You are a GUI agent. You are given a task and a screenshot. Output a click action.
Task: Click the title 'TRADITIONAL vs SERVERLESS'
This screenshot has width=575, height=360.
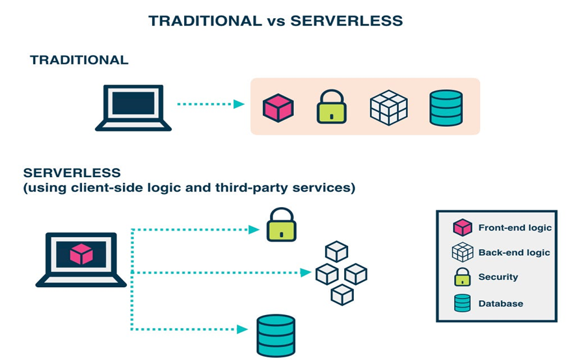coord(275,21)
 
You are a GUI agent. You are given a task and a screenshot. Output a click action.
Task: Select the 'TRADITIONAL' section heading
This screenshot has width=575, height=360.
coord(79,60)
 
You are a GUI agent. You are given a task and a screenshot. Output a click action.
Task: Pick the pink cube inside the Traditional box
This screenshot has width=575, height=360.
coord(278,107)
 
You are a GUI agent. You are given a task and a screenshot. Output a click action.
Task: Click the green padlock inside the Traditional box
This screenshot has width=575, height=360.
coord(332,107)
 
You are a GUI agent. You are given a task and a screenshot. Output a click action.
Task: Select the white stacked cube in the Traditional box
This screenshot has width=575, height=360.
coord(388,107)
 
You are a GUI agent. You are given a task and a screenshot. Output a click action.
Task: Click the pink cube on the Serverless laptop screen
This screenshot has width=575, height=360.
coord(81,253)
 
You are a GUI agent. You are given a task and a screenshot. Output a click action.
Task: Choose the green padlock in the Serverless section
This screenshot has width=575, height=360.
coord(281,226)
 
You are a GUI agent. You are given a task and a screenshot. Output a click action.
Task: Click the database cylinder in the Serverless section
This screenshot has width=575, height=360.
coord(276,335)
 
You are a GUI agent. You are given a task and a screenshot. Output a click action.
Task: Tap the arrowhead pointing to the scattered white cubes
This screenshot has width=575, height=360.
coord(305,273)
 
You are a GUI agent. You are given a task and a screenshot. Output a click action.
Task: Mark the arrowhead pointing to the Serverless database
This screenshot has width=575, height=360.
coord(242,329)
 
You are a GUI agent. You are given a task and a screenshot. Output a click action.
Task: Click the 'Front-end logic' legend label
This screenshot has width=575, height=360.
coord(515,228)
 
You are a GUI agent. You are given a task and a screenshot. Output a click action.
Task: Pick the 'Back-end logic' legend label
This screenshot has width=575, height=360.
coord(514,253)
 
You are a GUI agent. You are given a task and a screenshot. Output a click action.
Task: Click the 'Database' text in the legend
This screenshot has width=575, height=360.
coord(500,303)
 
